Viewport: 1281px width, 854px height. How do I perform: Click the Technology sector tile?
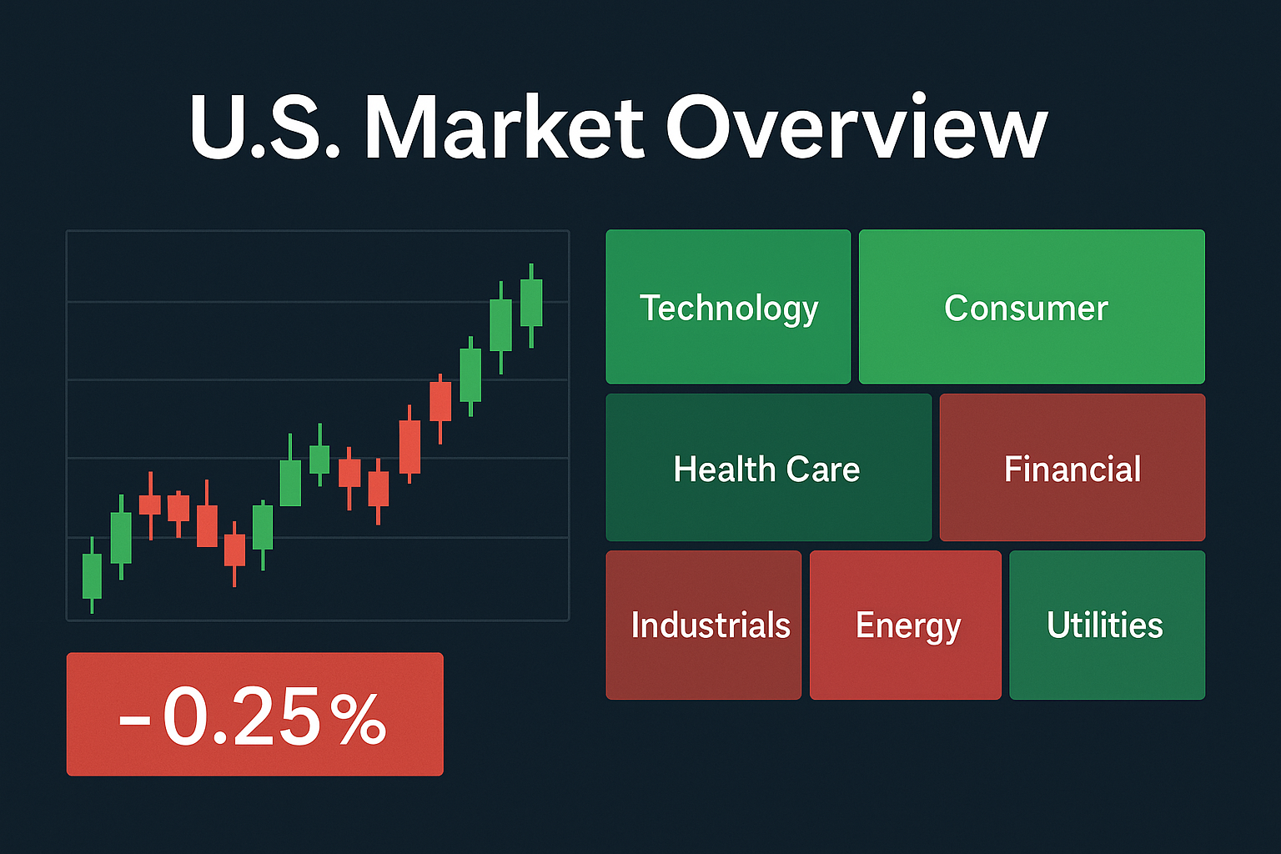point(728,307)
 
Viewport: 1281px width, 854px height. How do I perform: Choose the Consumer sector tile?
point(1032,307)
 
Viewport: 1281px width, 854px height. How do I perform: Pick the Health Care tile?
point(768,468)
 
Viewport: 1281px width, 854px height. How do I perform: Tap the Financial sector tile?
point(1072,468)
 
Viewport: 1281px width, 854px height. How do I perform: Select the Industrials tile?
point(703,625)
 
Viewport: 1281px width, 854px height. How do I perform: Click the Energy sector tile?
point(905,625)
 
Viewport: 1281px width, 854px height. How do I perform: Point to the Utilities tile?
point(1107,625)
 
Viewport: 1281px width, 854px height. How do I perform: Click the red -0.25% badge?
point(254,714)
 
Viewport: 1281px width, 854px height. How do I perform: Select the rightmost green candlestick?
point(531,303)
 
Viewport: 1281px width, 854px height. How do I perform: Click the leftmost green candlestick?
point(92,575)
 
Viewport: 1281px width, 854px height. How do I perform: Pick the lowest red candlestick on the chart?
point(234,550)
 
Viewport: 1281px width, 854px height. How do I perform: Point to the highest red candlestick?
point(440,401)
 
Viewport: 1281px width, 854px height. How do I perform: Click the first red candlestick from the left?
point(150,505)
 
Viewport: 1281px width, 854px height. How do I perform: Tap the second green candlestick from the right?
point(500,325)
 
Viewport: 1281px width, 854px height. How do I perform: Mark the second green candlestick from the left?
point(121,538)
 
